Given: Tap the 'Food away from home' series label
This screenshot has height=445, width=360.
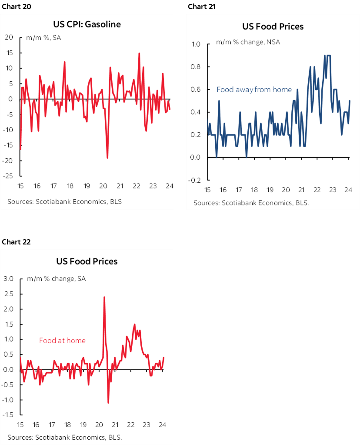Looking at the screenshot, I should (x=254, y=90).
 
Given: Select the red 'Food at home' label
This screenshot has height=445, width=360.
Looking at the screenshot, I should (x=62, y=341).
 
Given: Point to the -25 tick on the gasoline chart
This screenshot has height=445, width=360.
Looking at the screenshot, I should (x=9, y=176).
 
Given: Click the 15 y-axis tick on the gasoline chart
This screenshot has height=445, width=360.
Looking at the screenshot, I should (x=10, y=53).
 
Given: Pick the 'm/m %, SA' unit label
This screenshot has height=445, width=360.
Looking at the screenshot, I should (x=43, y=38).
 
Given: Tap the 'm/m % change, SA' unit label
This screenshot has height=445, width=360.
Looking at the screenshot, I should (x=57, y=278).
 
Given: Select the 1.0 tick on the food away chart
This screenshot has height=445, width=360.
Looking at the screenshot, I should (x=195, y=44).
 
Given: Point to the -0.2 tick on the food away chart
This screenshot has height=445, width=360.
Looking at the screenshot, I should (x=194, y=180).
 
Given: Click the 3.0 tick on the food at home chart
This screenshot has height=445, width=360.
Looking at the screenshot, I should (x=9, y=278).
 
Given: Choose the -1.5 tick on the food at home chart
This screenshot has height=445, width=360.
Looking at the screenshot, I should (x=8, y=415).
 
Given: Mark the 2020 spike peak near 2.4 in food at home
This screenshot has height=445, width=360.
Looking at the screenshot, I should (x=104, y=297).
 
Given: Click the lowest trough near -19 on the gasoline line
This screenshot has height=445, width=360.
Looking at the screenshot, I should (x=107, y=157).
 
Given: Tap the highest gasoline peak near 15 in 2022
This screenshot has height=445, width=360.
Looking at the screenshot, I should (x=139, y=53).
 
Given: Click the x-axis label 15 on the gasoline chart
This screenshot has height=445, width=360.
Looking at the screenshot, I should (x=20, y=186).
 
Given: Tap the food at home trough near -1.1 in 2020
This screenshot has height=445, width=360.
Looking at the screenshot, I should (x=108, y=403).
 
